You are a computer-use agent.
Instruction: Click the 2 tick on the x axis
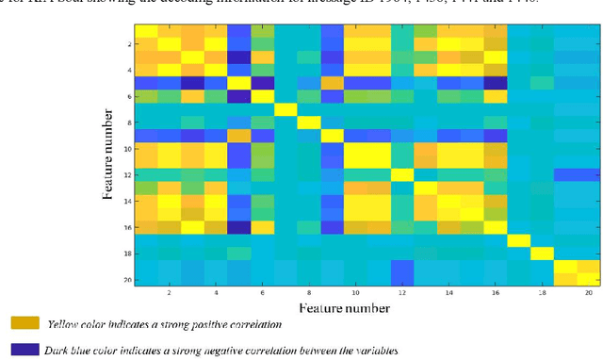coord(170,293)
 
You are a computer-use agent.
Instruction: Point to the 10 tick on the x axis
coord(355,293)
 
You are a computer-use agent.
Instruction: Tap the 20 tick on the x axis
coord(588,293)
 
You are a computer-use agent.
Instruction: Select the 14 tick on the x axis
coord(448,293)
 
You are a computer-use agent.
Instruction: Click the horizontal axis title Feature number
coord(345,308)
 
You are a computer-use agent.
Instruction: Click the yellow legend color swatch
coord(24,323)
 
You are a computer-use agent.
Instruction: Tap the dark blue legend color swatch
coord(24,350)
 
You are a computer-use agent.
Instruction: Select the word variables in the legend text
coord(368,351)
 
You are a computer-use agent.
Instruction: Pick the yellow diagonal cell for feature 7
coord(285,108)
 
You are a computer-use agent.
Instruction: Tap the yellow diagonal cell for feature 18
coord(541,253)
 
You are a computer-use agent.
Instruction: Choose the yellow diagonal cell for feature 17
coord(518,240)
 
